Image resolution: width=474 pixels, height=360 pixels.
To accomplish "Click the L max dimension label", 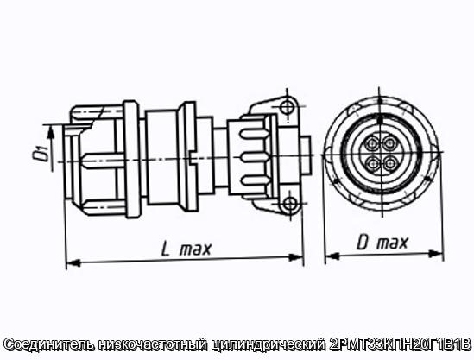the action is point(186,249).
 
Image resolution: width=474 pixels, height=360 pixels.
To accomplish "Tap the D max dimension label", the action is point(382,243).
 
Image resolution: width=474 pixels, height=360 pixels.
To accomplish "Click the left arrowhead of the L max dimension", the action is point(73,262).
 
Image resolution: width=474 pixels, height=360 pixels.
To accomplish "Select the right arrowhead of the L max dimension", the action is point(296,257).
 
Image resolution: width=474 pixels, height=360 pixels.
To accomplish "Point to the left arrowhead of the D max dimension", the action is point(332,256).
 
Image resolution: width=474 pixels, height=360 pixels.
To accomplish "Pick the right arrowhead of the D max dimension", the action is point(436,254).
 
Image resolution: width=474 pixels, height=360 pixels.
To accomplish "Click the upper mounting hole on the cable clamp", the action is point(287,107).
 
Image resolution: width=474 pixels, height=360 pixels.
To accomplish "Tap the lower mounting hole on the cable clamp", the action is point(290,204).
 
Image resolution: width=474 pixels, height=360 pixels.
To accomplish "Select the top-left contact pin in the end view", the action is point(371,143).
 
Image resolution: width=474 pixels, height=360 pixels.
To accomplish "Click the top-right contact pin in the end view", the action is point(390,143).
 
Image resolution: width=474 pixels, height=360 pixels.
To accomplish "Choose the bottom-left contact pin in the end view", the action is point(372,164).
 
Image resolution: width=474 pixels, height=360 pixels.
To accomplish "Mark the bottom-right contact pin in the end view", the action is point(391,163).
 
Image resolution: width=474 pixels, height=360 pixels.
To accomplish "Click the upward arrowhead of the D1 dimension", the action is point(52,132).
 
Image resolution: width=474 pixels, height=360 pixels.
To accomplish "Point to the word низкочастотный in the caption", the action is point(154,344).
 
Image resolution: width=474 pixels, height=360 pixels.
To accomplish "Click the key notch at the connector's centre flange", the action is point(192,157).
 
